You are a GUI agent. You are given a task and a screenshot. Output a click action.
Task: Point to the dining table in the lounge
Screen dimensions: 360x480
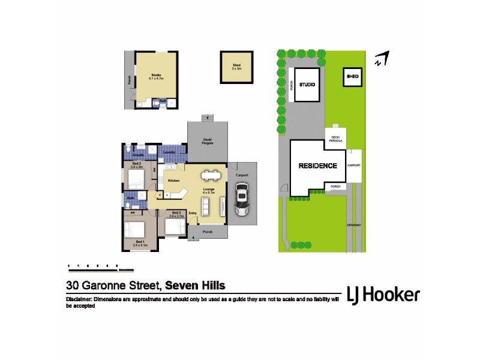tap(211, 176)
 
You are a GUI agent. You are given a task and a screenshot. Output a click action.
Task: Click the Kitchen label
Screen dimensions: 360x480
tap(174, 181)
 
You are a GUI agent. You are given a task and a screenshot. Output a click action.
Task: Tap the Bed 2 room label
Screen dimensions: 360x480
tap(136, 164)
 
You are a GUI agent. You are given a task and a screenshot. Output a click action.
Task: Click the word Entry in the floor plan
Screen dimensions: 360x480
tap(193, 213)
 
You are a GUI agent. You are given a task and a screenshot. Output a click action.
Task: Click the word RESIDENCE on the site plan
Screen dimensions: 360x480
tap(318, 166)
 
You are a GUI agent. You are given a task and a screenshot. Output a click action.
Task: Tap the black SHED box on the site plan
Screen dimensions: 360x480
tap(353, 77)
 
